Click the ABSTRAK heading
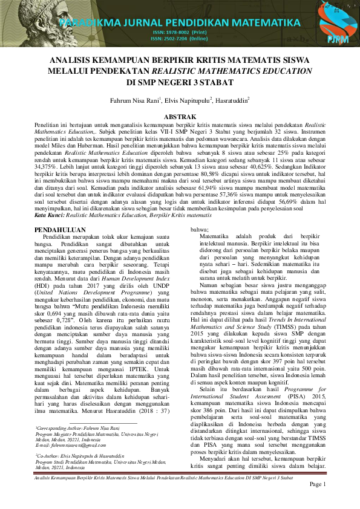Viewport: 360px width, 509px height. pyautogui.click(x=180, y=115)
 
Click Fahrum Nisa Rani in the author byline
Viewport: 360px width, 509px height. pyautogui.click(x=134, y=101)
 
